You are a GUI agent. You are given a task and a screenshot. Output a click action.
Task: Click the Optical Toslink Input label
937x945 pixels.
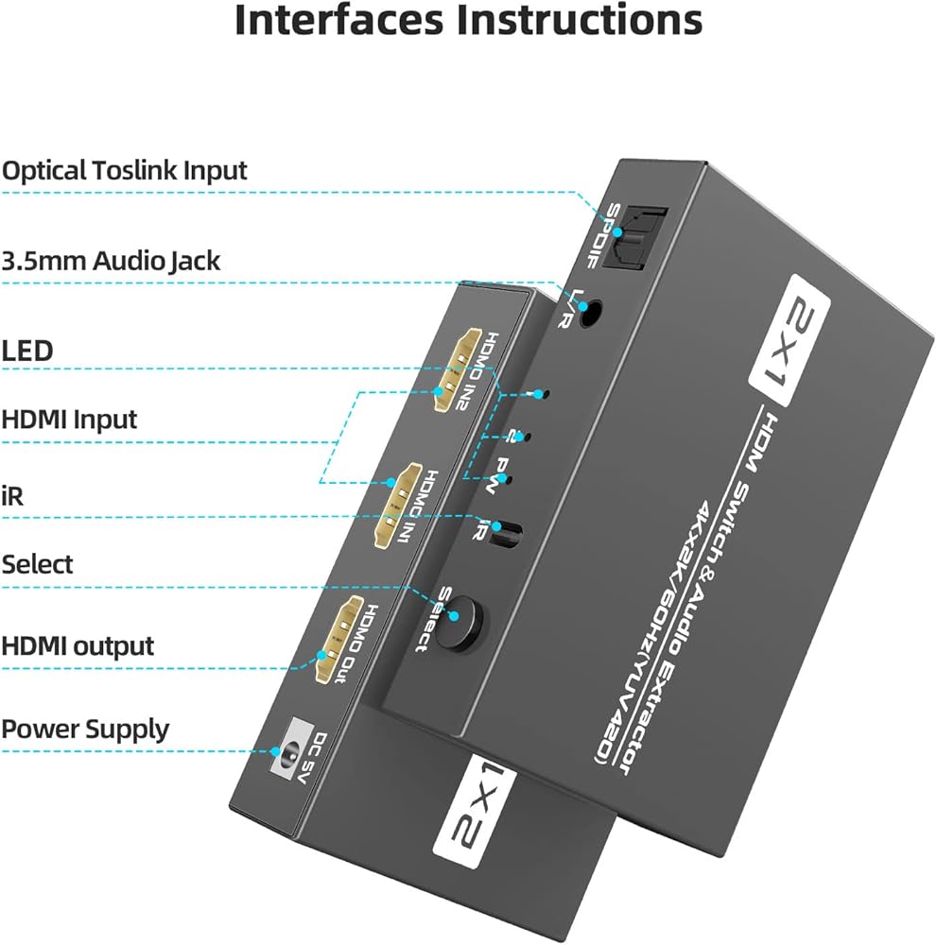coord(124,171)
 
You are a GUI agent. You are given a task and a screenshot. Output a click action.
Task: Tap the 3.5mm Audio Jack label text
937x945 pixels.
coord(111,261)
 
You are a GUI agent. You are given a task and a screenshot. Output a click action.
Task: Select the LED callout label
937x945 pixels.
coord(27,352)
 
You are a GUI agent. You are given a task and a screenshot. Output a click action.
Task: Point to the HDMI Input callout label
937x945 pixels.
coord(69,419)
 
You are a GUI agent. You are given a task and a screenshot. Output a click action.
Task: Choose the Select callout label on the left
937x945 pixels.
coord(37,564)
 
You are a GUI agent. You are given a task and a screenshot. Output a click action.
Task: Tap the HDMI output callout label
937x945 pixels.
coord(78,646)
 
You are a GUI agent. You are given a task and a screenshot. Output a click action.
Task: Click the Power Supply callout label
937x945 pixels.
coord(85,729)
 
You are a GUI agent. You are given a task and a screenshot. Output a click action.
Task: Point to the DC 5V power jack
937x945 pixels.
coord(283,754)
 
